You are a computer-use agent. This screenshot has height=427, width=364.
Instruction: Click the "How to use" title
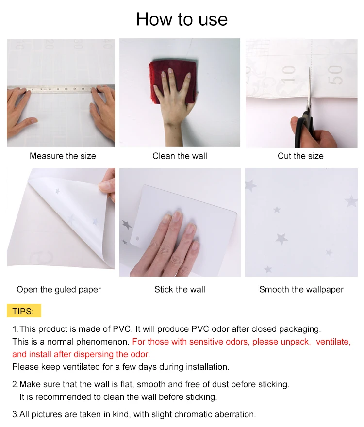[x=182, y=19]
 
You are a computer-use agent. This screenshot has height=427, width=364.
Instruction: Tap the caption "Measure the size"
[x=63, y=156]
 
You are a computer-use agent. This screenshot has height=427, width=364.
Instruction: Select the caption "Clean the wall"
[x=180, y=156]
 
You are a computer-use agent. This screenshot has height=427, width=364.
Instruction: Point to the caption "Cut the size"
[x=300, y=156]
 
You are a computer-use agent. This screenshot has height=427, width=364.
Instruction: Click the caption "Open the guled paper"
[x=59, y=290]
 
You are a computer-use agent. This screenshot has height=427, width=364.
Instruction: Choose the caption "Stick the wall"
[x=180, y=289]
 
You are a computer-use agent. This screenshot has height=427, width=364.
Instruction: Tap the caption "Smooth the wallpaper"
[x=301, y=290]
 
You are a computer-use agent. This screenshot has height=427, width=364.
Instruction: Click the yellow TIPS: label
[x=24, y=311]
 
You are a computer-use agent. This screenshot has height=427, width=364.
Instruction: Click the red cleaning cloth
[x=172, y=81]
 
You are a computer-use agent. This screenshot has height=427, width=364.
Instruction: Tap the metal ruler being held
[x=61, y=89]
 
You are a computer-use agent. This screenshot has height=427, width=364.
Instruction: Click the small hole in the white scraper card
[x=137, y=239]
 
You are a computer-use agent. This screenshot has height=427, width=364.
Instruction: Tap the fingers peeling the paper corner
[x=107, y=185]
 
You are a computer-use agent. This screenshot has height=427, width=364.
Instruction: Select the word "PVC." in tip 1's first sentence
[x=123, y=329]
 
